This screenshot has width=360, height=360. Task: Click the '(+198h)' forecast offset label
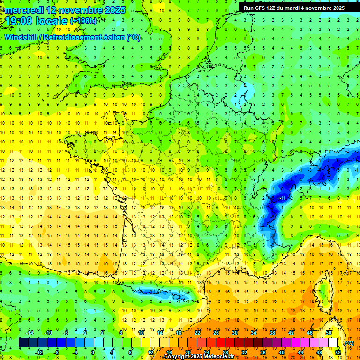[85, 21]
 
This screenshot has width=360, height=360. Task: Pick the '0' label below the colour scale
[93, 352]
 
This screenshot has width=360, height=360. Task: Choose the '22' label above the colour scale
[198, 332]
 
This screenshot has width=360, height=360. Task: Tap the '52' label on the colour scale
[338, 352]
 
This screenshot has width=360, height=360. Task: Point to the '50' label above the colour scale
[329, 332]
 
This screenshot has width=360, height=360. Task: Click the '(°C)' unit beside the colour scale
[349, 343]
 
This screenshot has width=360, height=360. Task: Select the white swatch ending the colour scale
[333, 343]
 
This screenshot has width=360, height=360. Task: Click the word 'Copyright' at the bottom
[177, 357]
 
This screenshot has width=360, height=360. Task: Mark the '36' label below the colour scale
[263, 352]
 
